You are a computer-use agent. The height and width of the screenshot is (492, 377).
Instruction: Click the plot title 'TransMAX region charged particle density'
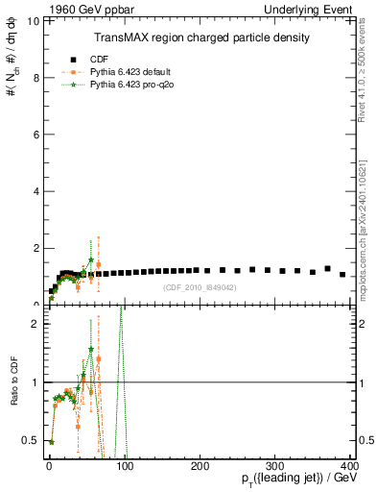point(200,37)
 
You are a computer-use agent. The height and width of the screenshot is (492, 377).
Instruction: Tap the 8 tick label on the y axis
point(35,77)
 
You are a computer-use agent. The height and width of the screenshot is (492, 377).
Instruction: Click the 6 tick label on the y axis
point(35,134)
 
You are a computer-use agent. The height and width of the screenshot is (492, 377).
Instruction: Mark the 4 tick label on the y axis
point(35,190)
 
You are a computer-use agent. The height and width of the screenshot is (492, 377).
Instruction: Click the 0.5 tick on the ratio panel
point(33,440)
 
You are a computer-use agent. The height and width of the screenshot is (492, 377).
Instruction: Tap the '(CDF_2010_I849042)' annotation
point(200,287)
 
